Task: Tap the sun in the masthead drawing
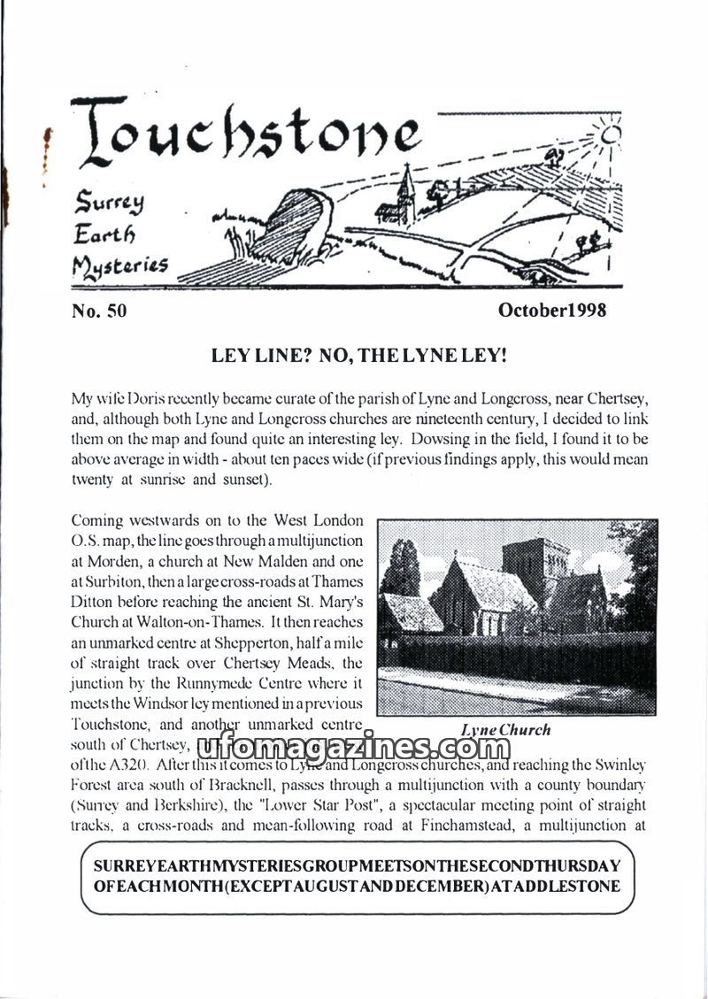[x=610, y=134]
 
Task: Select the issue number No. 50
[x=98, y=311]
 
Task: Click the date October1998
[x=551, y=311]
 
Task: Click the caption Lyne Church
[x=506, y=730]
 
